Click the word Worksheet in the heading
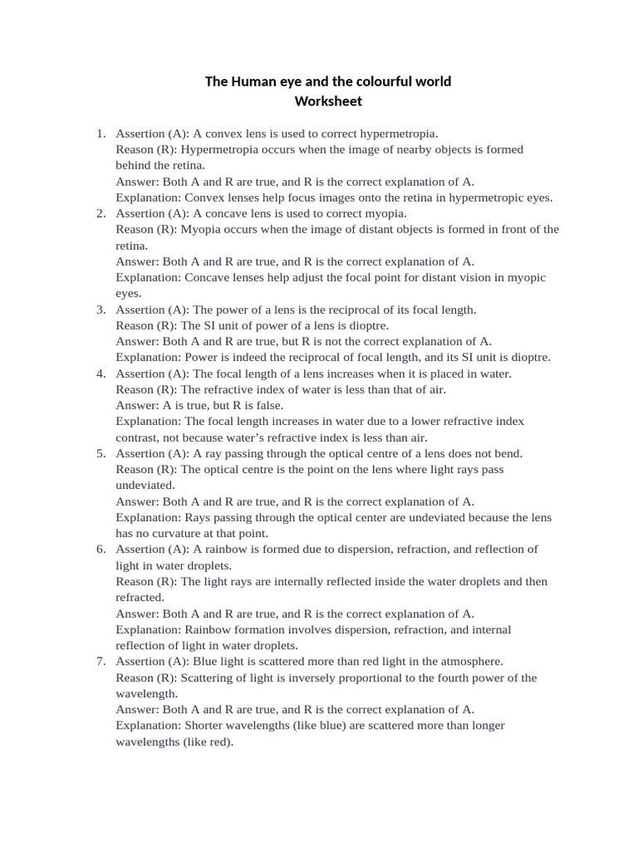tap(328, 102)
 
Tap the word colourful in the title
tap(385, 81)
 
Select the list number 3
tap(101, 310)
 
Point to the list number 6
tap(101, 550)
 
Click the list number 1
tap(101, 134)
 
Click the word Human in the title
tap(253, 81)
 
